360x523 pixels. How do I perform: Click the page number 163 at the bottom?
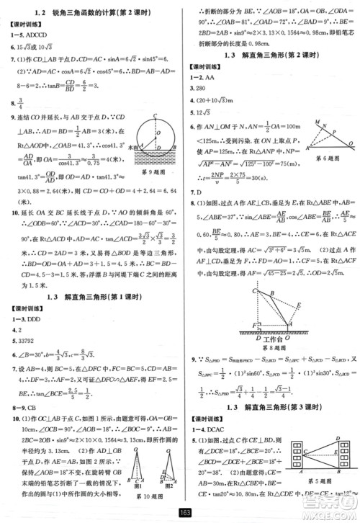[186, 514]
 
